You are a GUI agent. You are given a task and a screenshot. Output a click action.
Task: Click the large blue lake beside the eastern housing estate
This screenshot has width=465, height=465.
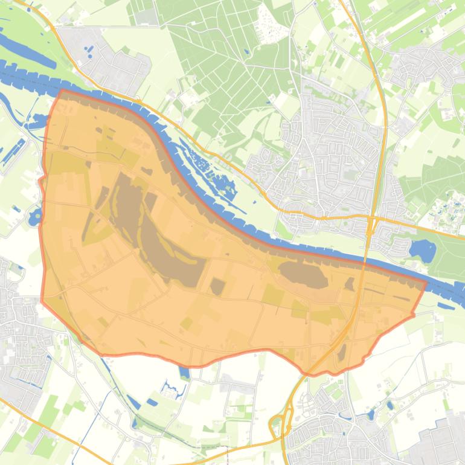(x=422, y=250)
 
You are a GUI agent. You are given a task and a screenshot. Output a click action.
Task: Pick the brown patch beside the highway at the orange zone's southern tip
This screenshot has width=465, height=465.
(x=341, y=353)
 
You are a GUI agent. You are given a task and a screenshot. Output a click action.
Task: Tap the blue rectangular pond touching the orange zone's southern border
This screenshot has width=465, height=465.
(x=184, y=372)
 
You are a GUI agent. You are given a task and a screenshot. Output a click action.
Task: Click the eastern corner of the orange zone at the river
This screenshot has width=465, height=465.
(x=426, y=282)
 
